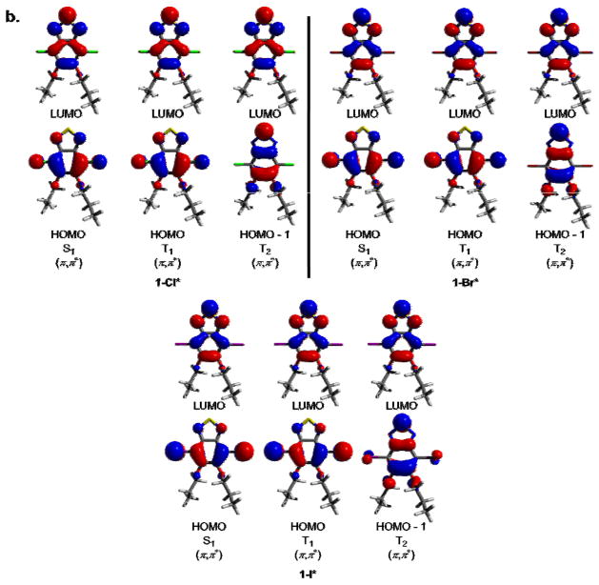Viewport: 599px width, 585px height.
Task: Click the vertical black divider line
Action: click(x=309, y=143)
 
